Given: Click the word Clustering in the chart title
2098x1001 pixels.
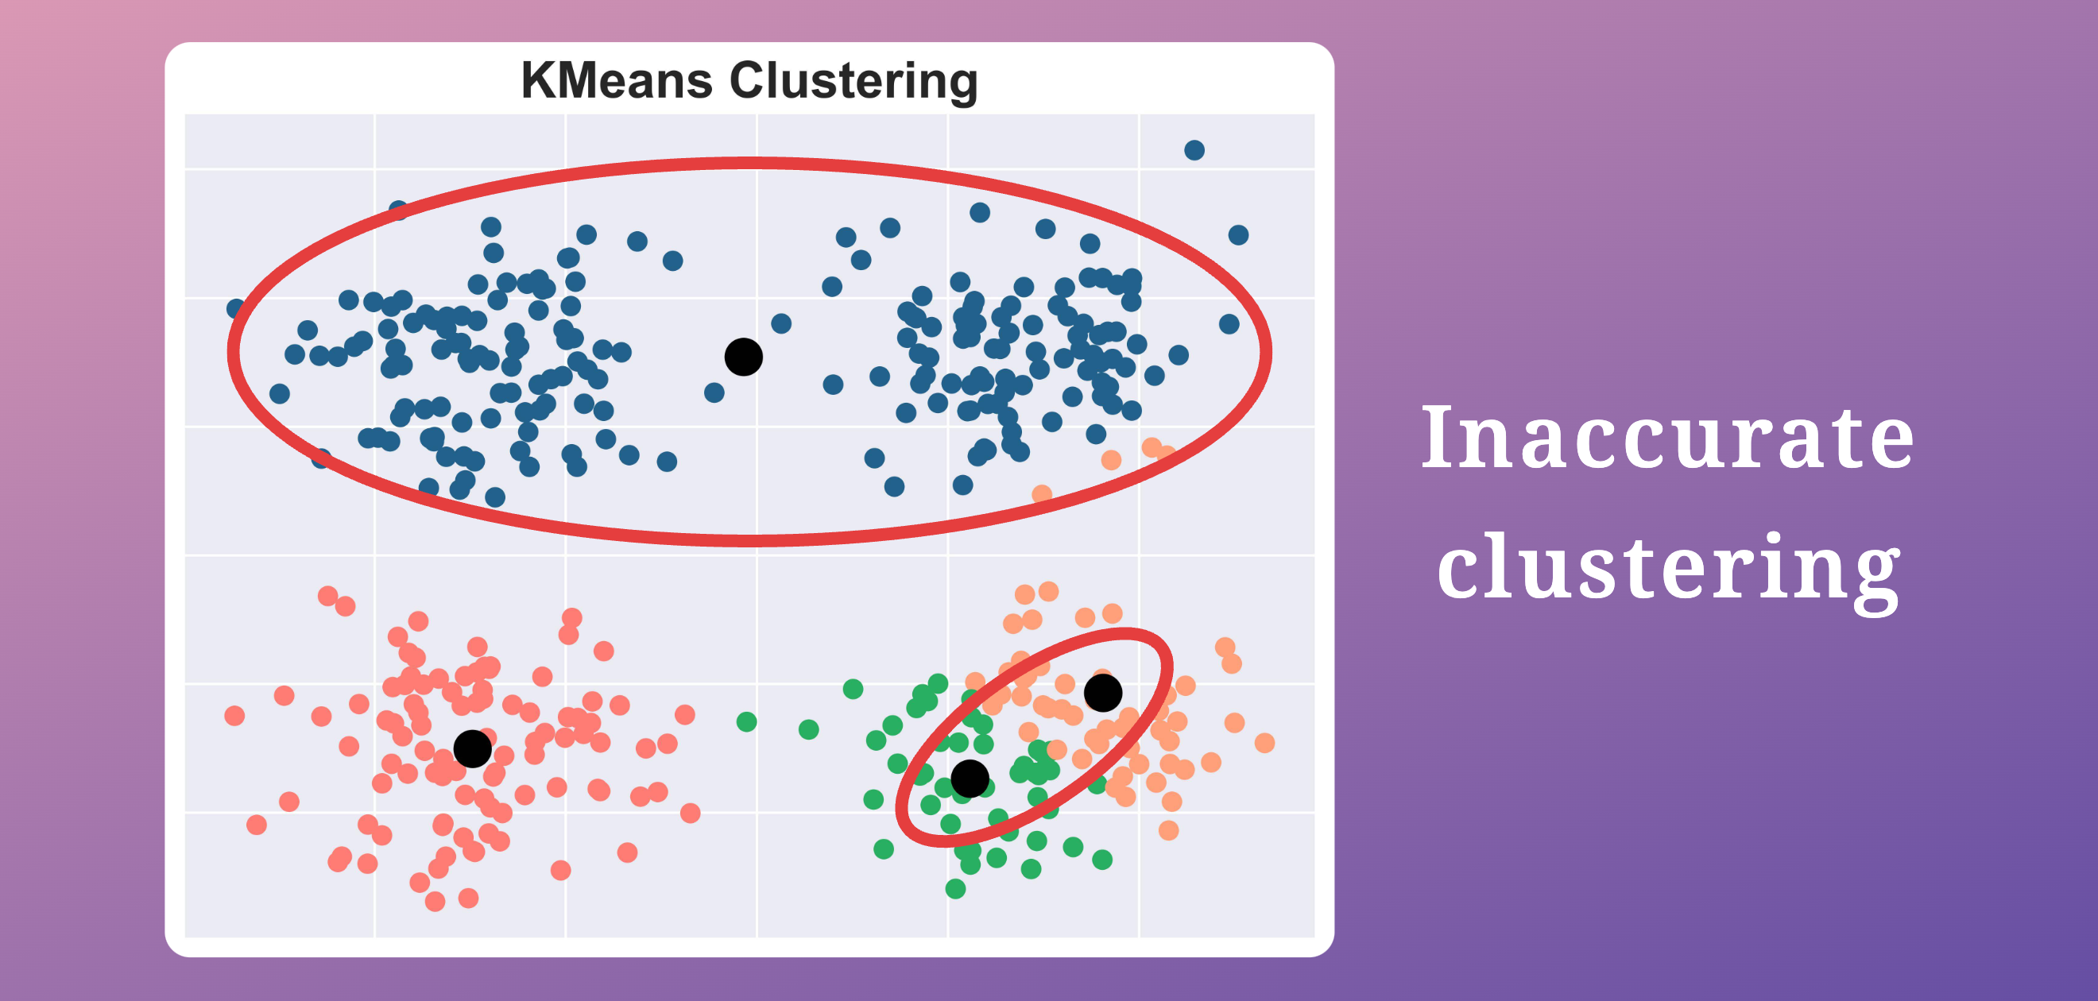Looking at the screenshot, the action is [854, 83].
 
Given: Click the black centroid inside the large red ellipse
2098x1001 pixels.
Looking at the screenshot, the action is [744, 357].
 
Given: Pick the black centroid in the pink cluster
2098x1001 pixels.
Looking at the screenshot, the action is [472, 748].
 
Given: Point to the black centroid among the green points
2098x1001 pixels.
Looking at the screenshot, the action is [970, 779].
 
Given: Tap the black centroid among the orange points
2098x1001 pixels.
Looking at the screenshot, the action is [1104, 692].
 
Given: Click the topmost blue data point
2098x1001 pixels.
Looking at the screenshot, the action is [1194, 150].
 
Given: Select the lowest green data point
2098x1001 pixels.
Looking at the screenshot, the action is [955, 889].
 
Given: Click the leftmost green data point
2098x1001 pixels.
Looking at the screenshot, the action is [747, 721].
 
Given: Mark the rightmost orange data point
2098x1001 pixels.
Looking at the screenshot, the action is [1265, 743].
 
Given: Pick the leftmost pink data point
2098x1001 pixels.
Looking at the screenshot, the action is [234, 715].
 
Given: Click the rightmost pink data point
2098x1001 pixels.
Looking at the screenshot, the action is [691, 813].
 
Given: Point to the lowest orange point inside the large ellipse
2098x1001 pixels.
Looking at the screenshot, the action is [1042, 494].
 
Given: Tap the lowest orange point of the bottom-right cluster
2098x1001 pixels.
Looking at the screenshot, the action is [1169, 830].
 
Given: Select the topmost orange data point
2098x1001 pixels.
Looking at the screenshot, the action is [1049, 590].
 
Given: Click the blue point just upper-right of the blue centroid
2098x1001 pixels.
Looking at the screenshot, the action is [781, 323].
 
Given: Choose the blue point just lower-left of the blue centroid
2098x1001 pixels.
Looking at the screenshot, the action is [714, 392].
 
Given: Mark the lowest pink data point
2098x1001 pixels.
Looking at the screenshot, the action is [435, 901].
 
